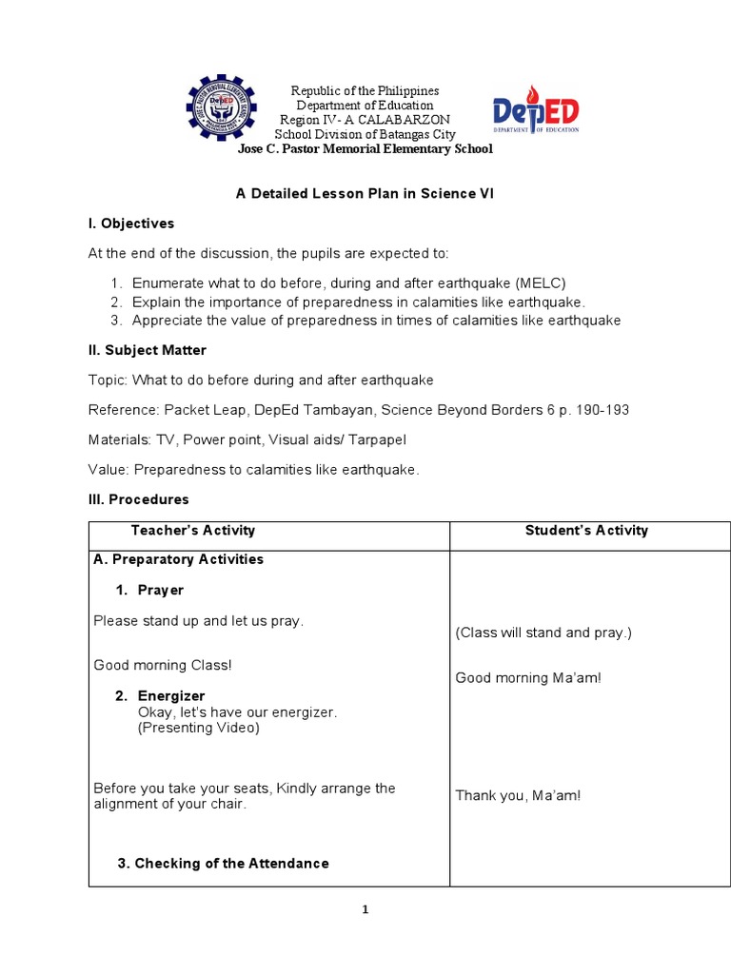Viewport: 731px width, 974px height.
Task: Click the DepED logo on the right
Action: [x=535, y=114]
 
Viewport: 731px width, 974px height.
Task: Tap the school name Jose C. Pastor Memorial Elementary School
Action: [x=365, y=149]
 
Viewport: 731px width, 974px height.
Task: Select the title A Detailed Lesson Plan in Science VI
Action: [x=365, y=193]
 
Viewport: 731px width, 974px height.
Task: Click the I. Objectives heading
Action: [x=131, y=224]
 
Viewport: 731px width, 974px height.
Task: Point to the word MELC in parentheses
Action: [x=542, y=283]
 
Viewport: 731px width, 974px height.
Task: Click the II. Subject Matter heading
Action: [x=148, y=350]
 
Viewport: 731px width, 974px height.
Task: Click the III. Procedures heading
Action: [x=139, y=499]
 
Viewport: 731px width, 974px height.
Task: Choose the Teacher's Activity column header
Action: [x=193, y=531]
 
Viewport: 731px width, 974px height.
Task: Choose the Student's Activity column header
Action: [x=586, y=531]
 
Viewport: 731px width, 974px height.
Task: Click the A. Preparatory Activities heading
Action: [x=179, y=559]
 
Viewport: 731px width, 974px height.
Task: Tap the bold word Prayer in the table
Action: [x=161, y=591]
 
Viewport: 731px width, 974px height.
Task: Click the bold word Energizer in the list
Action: [x=171, y=696]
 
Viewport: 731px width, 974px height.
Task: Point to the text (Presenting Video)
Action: [x=198, y=728]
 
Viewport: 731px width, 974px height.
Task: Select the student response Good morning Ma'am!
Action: [x=528, y=678]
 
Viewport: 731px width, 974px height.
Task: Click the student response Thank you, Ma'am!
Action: [x=518, y=795]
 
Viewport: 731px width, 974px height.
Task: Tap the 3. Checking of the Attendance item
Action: [x=223, y=864]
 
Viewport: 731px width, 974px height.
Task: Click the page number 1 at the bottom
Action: [x=365, y=910]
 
